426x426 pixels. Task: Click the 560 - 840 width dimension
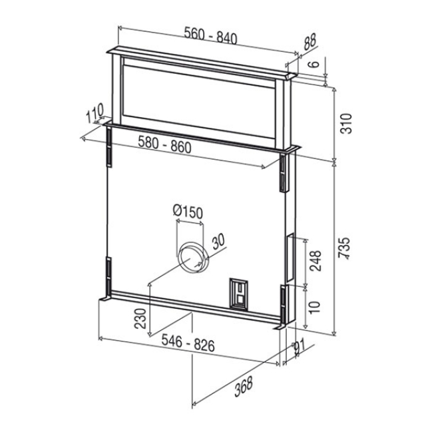tap(210, 35)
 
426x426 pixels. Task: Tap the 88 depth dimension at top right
tap(310, 42)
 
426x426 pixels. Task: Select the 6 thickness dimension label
tap(314, 64)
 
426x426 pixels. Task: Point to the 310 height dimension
tap(346, 124)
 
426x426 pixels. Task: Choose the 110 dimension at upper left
tap(95, 112)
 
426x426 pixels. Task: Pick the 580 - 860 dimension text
tap(164, 144)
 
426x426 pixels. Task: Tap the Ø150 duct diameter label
tap(188, 212)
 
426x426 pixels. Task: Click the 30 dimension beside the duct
tap(218, 241)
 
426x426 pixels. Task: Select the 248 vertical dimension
tap(316, 261)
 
